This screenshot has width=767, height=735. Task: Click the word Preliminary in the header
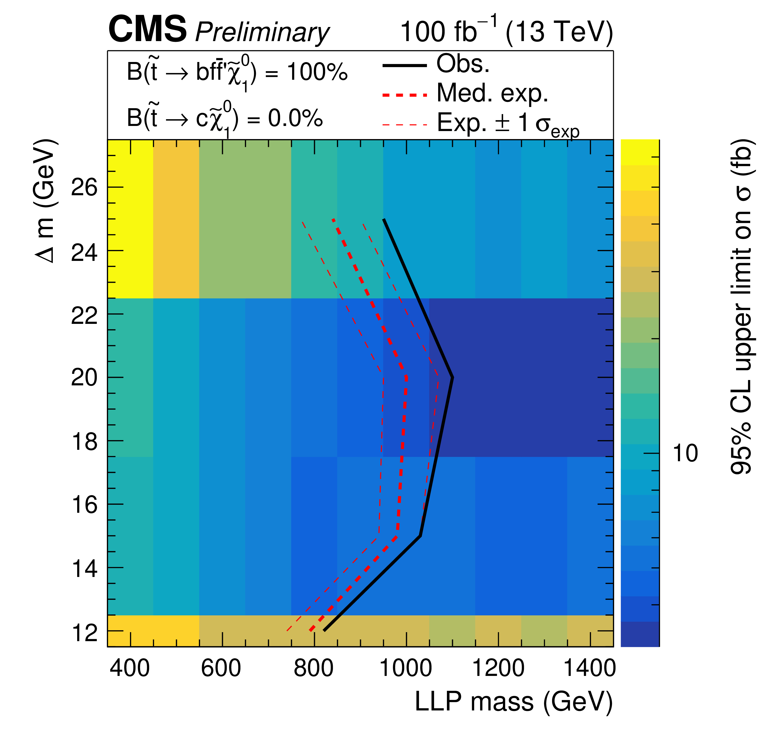pos(262,32)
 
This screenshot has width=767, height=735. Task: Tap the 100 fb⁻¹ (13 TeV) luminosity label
pos(506,31)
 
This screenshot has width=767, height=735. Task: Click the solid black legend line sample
pos(404,65)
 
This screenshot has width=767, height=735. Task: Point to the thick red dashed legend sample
pos(404,95)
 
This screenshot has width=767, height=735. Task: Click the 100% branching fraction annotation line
pos(237,73)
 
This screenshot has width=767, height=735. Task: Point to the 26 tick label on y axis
pos(84,188)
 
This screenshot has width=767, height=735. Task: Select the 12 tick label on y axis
pos(84,632)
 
